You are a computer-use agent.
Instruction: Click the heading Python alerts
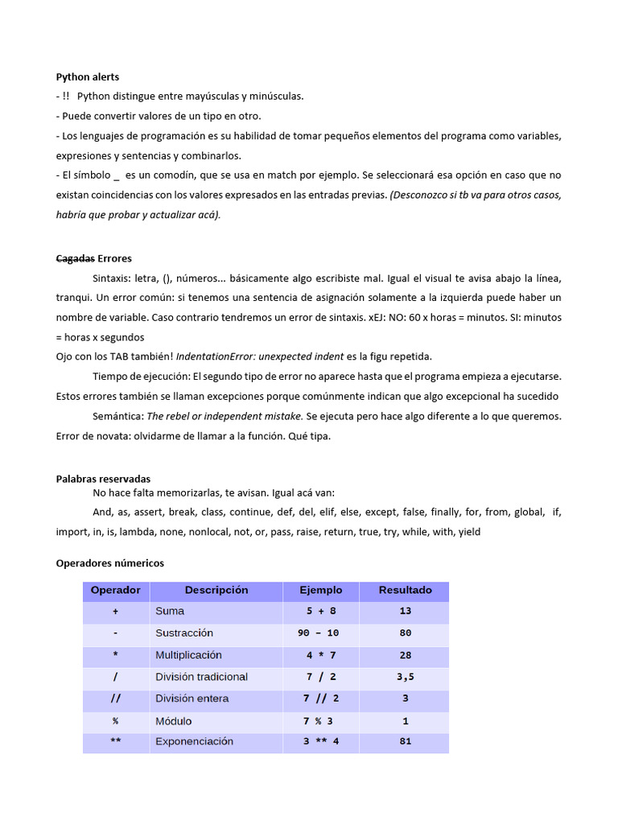(x=87, y=77)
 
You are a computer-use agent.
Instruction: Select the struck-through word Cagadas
(x=74, y=258)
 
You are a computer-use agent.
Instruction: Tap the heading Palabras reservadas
(x=103, y=478)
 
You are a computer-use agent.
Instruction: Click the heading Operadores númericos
(x=109, y=563)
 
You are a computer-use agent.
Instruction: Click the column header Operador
(x=116, y=590)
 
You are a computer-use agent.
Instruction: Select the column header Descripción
(x=216, y=590)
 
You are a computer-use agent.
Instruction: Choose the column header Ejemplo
(x=320, y=590)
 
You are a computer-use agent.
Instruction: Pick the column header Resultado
(x=405, y=590)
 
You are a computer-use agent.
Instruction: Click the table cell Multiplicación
(x=188, y=655)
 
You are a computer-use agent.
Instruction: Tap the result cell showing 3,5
(x=405, y=677)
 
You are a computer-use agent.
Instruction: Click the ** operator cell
(x=116, y=741)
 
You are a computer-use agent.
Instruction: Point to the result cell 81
(x=405, y=741)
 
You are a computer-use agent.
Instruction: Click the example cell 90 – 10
(x=318, y=633)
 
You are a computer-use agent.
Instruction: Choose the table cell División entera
(x=192, y=698)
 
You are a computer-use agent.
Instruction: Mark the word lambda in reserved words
(x=137, y=532)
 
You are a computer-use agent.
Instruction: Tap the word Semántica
(x=117, y=416)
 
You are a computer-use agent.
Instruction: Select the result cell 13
(x=405, y=612)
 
